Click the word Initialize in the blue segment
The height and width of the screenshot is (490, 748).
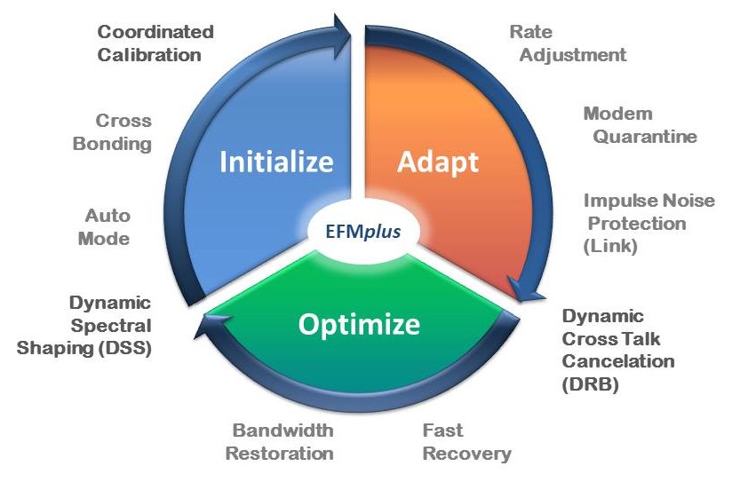[x=276, y=162]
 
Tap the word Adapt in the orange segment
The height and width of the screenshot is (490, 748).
[x=437, y=162]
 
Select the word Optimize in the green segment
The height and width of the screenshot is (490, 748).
[x=358, y=325]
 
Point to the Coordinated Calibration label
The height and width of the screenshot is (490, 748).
[x=155, y=43]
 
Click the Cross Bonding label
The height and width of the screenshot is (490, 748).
[x=123, y=131]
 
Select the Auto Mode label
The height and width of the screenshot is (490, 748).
[x=107, y=226]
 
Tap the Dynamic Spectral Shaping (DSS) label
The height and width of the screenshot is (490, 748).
[x=85, y=325]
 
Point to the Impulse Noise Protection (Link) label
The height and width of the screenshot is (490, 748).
[x=649, y=224]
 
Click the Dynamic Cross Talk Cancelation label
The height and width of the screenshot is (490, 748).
[x=617, y=350]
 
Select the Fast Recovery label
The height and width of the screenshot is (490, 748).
[x=466, y=442]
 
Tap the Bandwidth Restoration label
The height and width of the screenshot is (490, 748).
[x=281, y=442]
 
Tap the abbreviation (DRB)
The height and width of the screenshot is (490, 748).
[x=590, y=384]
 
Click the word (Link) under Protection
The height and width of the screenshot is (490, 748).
[x=610, y=247]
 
